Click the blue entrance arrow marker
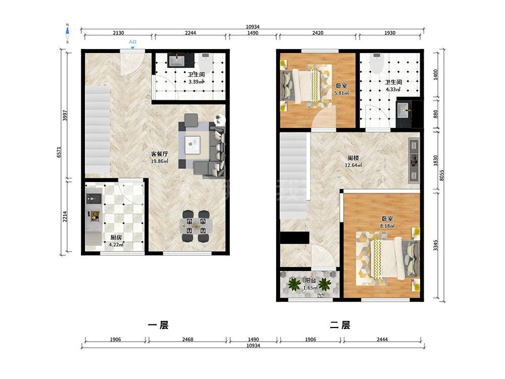(x=133, y=48)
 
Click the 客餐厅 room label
(x=160, y=154)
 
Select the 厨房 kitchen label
(x=116, y=238)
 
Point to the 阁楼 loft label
(x=353, y=158)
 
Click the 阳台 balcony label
(x=311, y=280)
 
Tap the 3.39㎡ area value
(x=196, y=82)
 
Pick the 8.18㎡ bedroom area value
(x=387, y=226)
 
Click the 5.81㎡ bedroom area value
(x=341, y=93)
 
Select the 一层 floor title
(x=158, y=325)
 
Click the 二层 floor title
(x=340, y=325)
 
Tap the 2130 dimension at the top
(x=118, y=33)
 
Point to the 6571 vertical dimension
(x=59, y=152)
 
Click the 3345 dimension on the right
(x=435, y=245)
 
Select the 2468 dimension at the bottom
(x=188, y=340)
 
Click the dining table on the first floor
(x=196, y=226)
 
